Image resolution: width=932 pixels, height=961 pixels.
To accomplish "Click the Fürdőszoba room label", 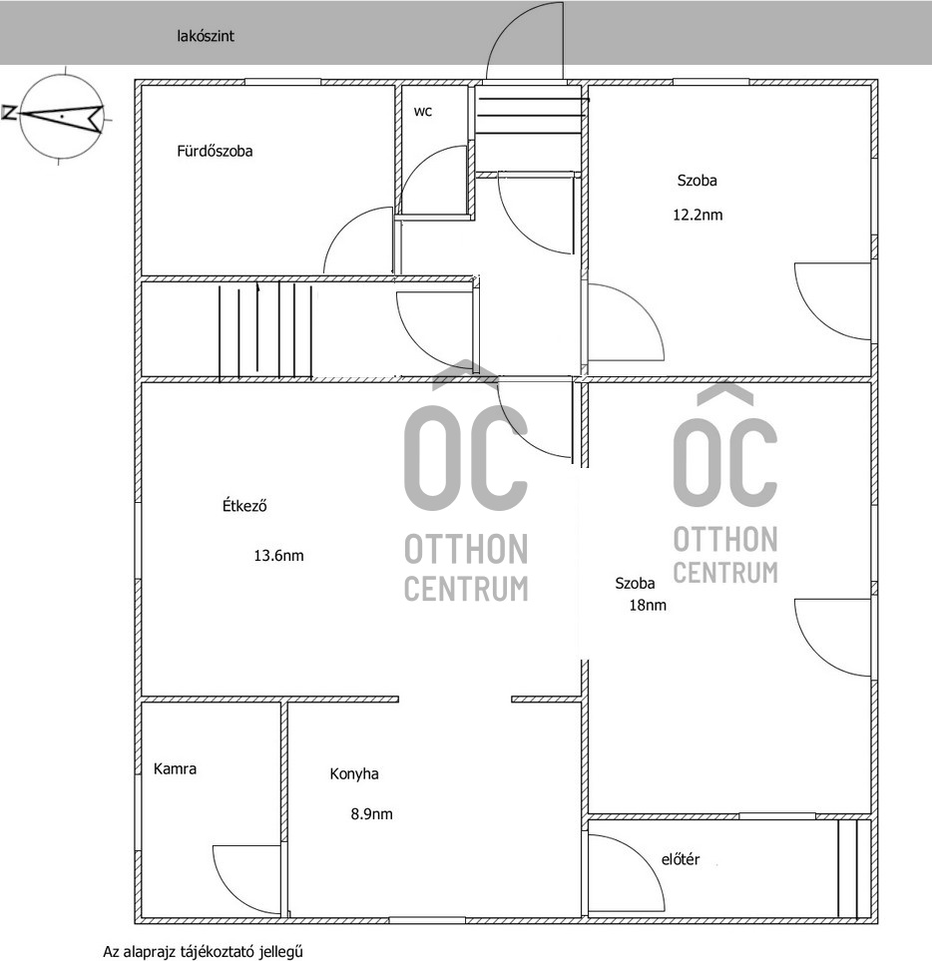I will click(215, 152).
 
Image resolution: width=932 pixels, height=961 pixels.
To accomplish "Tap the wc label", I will click(423, 112).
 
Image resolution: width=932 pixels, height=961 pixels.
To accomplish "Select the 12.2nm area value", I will click(698, 215).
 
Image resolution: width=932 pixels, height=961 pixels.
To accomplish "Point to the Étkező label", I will click(244, 505).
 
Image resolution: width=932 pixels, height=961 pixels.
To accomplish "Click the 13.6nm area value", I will click(278, 556).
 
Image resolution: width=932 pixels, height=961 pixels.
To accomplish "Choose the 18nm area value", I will click(647, 605).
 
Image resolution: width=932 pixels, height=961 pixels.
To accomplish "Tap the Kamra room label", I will click(175, 769).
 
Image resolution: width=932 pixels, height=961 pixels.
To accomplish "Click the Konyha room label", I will click(354, 773).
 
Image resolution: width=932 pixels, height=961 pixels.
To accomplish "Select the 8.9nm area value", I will click(371, 814).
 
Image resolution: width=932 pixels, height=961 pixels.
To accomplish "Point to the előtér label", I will click(681, 860).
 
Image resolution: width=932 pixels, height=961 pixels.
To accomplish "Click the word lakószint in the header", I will click(205, 37).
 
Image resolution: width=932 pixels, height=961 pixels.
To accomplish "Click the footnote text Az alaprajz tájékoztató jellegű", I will click(202, 951).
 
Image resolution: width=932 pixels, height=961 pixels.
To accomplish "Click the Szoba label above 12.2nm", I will click(697, 181).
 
